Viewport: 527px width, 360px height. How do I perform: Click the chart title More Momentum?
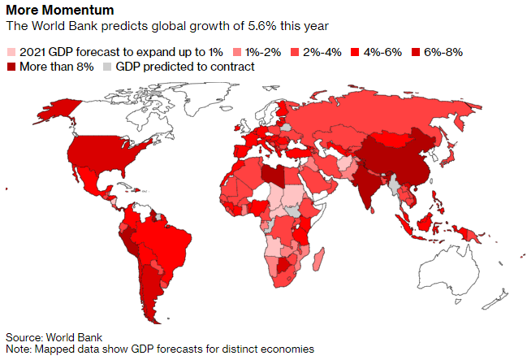(x=60, y=10)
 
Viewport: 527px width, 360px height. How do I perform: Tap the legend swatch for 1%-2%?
(x=237, y=53)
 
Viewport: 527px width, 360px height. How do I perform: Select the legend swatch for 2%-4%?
(x=295, y=53)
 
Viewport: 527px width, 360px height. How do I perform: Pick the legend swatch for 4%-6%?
(x=355, y=53)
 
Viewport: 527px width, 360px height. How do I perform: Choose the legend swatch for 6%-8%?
(x=416, y=53)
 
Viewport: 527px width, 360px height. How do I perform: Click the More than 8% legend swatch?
(x=11, y=67)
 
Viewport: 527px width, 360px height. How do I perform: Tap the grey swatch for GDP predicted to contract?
(x=107, y=67)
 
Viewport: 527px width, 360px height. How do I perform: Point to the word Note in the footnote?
(x=19, y=349)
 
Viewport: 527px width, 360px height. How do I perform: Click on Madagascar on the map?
(x=318, y=259)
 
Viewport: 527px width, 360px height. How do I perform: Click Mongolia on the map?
(x=393, y=138)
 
